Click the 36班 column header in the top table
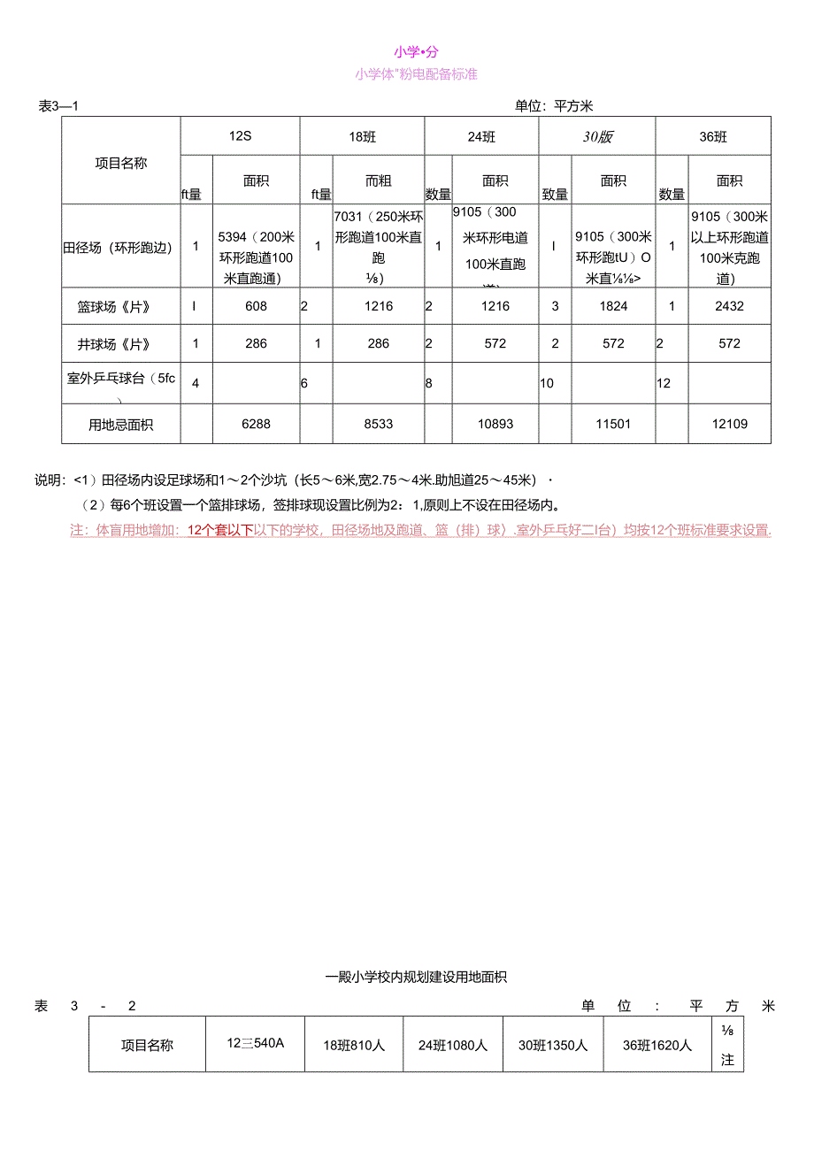712,137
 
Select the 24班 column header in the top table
481,137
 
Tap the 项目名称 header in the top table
121,163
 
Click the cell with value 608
256,306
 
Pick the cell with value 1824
613,306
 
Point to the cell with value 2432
729,306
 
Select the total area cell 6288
256,424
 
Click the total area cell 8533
378,424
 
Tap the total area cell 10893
495,424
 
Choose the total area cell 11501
613,424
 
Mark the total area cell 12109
729,424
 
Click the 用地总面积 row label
121,425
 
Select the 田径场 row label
118,247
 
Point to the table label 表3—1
59,106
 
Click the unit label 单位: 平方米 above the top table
554,106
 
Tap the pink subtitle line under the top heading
416,74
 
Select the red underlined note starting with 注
420,531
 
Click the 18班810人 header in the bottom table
354,1045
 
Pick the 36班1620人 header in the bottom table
657,1045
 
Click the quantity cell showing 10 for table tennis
547,384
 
